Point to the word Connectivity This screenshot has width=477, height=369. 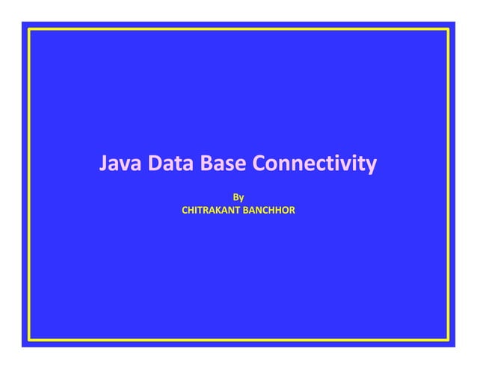pyautogui.click(x=314, y=163)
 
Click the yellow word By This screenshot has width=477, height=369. pyautogui.click(x=238, y=198)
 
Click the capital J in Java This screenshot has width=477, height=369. pyautogui.click(x=105, y=163)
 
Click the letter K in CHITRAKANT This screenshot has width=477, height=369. pyautogui.click(x=218, y=211)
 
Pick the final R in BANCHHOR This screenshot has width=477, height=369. pyautogui.click(x=292, y=211)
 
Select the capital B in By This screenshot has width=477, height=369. pyautogui.click(x=236, y=198)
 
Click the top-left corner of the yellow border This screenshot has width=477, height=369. pyautogui.click(x=29, y=29)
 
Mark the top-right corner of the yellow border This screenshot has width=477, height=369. pyautogui.click(x=448, y=29)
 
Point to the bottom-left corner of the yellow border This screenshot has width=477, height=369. pyautogui.click(x=29, y=340)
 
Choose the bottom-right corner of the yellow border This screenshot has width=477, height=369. pyautogui.click(x=448, y=340)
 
